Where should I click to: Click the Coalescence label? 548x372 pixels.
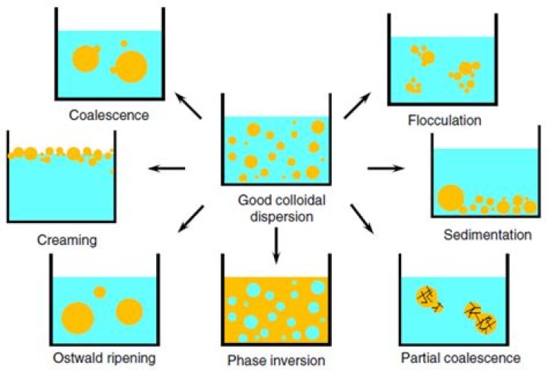pos(109,115)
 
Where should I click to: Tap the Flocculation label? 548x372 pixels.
pos(444,120)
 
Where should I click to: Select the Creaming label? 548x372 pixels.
pos(67,240)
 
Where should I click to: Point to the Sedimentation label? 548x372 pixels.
pos(488,235)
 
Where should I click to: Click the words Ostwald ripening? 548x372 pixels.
pos(104,358)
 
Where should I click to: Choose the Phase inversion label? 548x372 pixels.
pos(276,360)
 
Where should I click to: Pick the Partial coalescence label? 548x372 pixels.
pos(460,358)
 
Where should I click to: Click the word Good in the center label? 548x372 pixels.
pos(255,201)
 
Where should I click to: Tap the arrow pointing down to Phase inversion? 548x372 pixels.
pos(276,245)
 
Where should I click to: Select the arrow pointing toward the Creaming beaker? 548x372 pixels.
pos(167,168)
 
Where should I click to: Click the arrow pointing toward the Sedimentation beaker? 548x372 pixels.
pos(386,168)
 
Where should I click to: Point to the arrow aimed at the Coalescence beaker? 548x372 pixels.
pos(189,106)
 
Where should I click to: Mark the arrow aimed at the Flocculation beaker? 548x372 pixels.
pos(357,106)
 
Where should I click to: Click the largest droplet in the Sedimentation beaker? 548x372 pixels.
pos(451,198)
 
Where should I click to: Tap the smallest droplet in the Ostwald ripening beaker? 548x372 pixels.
pos(100,292)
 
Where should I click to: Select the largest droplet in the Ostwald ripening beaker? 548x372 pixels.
pos(78,318)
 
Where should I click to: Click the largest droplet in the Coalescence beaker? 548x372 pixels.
pos(131,67)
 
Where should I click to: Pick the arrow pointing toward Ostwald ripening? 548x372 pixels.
pos(191,218)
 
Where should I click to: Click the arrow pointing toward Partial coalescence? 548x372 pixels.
pos(362,218)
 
